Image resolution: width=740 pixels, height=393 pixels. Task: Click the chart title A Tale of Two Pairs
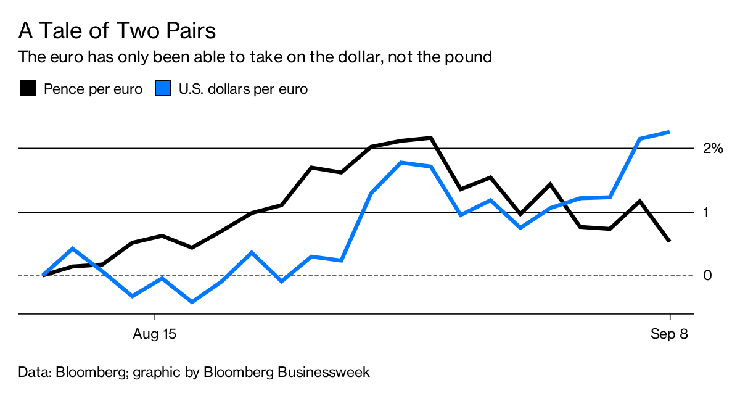pos(117,30)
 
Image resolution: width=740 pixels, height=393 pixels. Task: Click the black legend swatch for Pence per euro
pos(28,89)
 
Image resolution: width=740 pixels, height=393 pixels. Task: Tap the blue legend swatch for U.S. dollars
pos(163,89)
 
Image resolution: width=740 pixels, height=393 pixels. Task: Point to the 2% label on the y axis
pos(712,149)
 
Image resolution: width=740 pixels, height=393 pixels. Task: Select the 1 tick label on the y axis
pos(707,213)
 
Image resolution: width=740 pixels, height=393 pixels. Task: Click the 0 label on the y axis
pos(707,275)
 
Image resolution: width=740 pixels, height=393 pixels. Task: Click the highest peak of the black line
pos(430,138)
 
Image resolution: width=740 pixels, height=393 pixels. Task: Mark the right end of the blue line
pos(670,131)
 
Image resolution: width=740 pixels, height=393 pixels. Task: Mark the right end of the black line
pos(670,241)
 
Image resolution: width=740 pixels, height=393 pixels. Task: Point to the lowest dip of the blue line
pos(192,302)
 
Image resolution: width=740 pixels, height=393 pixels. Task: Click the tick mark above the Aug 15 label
pos(155,318)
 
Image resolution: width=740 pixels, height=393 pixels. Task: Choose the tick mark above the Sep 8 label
pos(670,318)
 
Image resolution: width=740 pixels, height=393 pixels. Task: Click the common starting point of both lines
pos(43,275)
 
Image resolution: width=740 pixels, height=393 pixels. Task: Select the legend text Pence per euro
pos(93,89)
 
